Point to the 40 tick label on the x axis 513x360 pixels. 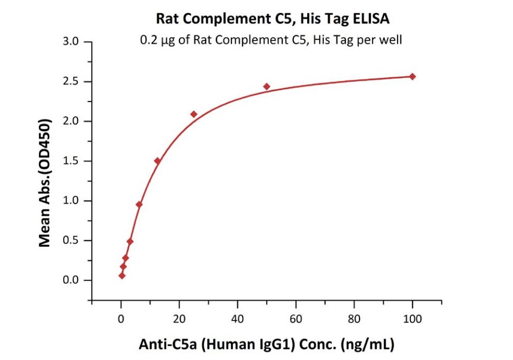(237, 319)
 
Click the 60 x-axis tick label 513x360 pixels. (296, 319)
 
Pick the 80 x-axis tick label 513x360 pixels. (354, 319)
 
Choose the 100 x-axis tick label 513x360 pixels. (412, 319)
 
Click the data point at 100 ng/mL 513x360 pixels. (412, 76)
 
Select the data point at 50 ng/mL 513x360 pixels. (267, 87)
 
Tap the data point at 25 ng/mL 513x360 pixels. (193, 114)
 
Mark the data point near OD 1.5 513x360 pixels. (157, 161)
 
